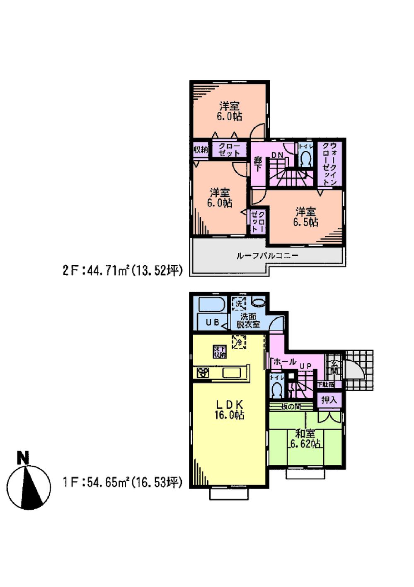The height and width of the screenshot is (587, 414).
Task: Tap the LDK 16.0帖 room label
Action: coord(229,409)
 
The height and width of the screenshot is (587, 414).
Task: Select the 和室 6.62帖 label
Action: coord(305,439)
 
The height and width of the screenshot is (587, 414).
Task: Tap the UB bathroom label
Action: coord(213,322)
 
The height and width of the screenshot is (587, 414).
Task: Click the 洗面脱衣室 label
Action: coord(248,320)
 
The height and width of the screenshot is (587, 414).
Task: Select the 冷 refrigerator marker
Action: coord(239,342)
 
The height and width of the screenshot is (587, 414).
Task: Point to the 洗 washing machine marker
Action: coord(239,304)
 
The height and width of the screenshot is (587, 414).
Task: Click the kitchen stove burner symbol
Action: coord(203,372)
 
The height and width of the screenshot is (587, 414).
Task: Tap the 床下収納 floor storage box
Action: coord(220,352)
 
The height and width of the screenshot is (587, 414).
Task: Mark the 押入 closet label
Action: coord(329,400)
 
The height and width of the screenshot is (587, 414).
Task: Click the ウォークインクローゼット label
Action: coord(330,164)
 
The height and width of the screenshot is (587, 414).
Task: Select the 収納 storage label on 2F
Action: coord(201,149)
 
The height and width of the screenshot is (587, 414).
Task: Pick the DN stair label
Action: coord(277,155)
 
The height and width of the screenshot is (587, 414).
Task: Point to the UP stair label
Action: coord(305,366)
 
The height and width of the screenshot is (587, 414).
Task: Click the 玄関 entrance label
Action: coord(334,366)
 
